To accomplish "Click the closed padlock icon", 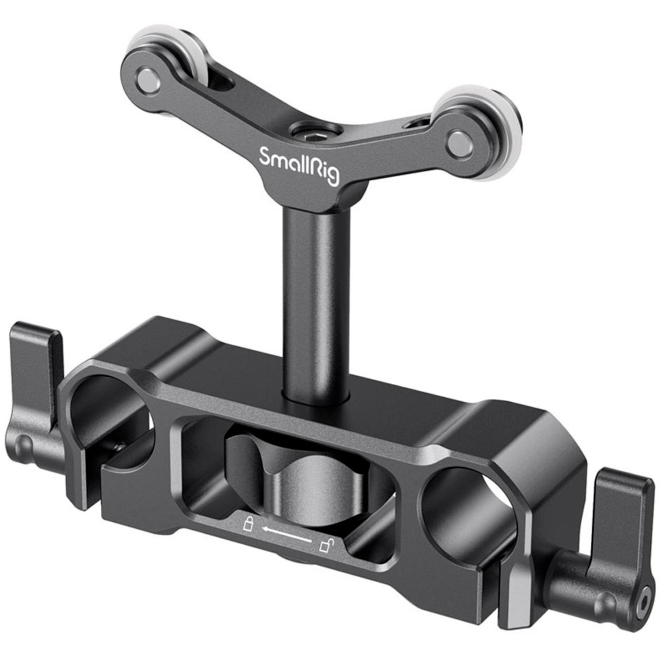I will [248, 524].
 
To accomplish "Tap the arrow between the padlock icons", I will [286, 533].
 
